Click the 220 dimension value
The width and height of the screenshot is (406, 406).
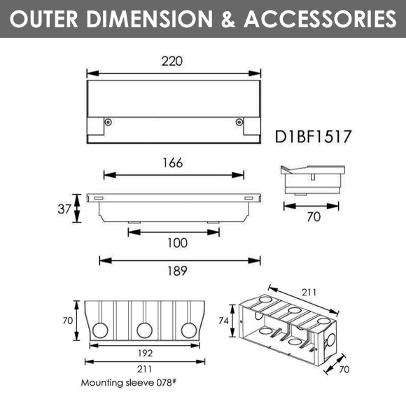pos(172,62)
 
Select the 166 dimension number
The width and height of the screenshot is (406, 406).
pos(173,163)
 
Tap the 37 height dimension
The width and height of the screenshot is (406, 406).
pos(64,209)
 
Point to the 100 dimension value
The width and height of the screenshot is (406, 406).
pos(177,243)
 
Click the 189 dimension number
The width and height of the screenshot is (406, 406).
pos(177,271)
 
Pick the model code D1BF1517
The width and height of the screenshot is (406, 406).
pos(313,136)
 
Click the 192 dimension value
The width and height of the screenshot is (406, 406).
pos(146,353)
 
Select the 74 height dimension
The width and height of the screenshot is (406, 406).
pos(224,321)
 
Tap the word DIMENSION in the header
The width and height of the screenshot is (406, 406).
pos(149,19)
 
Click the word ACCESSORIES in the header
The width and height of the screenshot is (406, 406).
pos(320,19)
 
